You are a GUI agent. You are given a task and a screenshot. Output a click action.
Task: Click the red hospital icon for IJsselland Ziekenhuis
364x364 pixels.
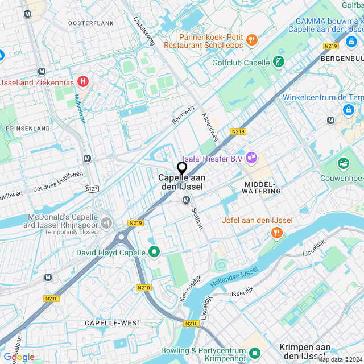click(84, 82)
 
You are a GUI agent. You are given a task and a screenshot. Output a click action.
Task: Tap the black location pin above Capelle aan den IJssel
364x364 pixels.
click(182, 168)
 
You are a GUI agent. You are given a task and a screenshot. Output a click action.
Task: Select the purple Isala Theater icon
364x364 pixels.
click(251, 158)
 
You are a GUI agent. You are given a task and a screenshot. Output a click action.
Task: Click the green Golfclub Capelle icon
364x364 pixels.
click(278, 62)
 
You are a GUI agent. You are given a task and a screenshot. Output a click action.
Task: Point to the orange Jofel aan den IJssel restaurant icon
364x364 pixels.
click(276, 232)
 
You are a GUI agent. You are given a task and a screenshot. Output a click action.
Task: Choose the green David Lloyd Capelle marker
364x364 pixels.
click(154, 252)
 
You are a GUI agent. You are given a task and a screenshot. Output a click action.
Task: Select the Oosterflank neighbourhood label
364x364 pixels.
click(91, 23)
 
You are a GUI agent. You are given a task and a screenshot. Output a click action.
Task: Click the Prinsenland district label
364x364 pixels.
click(28, 129)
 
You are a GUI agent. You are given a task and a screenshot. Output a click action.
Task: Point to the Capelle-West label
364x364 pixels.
click(113, 323)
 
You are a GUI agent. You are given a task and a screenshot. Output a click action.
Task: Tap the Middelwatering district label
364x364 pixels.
click(262, 188)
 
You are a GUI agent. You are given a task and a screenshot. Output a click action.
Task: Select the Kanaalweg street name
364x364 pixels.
click(210, 126)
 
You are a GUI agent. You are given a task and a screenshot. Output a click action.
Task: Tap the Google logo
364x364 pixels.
click(18, 357)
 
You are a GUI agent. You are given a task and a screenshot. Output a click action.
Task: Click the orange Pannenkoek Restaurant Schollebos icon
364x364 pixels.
click(252, 40)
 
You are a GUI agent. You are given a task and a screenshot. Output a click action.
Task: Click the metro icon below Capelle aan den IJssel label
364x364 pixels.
click(186, 200)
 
